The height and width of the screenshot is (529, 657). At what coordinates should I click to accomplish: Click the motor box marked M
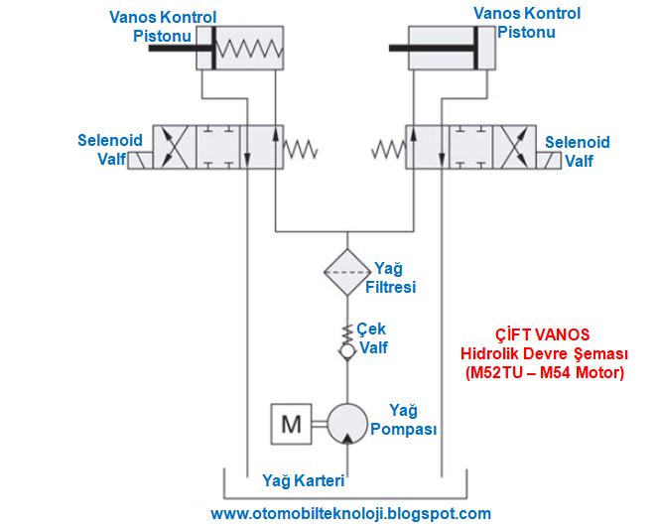tap(291, 425)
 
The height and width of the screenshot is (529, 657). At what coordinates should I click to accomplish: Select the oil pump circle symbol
tap(346, 425)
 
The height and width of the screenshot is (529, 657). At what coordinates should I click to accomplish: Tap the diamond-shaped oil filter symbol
tap(346, 268)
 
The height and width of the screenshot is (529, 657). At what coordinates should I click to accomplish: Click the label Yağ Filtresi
tap(394, 278)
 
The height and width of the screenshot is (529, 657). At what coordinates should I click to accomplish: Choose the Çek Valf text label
tap(373, 338)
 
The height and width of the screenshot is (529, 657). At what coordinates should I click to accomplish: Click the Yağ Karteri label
tap(303, 481)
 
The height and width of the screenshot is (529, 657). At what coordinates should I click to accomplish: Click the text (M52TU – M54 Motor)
tap(544, 373)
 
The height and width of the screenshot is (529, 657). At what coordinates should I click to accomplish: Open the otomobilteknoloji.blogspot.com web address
tap(350, 513)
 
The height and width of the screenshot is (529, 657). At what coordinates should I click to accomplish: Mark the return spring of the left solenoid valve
tap(301, 148)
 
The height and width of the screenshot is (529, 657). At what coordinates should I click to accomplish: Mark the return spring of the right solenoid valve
tap(388, 149)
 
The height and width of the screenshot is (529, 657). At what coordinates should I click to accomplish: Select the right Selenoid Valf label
tap(577, 151)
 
